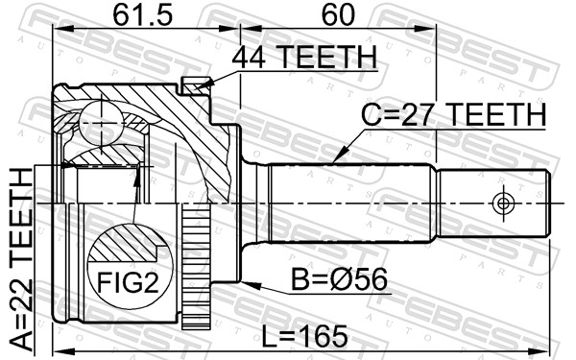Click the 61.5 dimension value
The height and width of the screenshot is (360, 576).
click(x=142, y=15)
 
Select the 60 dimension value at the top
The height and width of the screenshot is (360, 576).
click(x=338, y=15)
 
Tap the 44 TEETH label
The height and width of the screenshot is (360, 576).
click(x=304, y=57)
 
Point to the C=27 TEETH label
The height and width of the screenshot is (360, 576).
click(x=453, y=114)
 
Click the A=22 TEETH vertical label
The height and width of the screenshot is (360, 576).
click(x=21, y=259)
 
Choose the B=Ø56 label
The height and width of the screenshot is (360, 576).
click(x=339, y=279)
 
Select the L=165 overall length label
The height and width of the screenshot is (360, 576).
click(x=304, y=337)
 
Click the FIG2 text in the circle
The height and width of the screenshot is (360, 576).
click(x=128, y=282)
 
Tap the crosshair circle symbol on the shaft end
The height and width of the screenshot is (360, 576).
click(x=503, y=204)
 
